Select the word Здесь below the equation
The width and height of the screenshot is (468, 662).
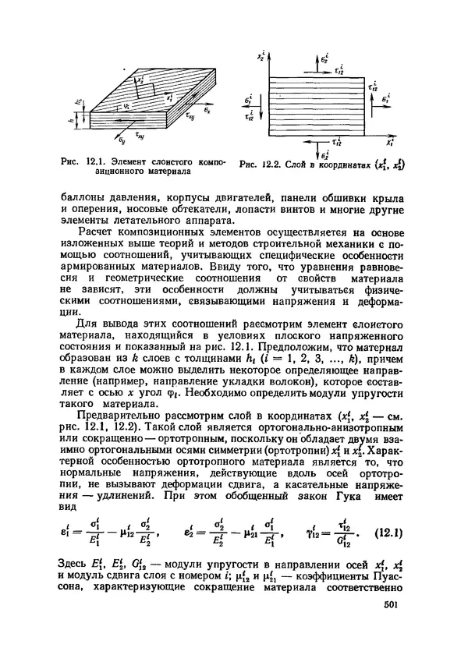click(x=76, y=564)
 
